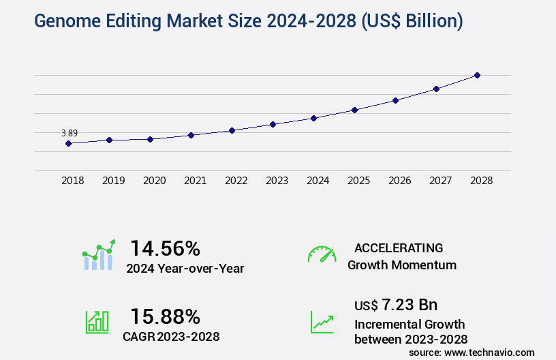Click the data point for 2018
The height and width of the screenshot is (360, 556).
pyautogui.click(x=68, y=143)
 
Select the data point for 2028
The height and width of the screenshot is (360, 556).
pyautogui.click(x=477, y=75)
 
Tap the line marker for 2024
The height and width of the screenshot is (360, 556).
pyautogui.click(x=313, y=118)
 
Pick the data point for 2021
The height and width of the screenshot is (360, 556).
pyautogui.click(x=191, y=135)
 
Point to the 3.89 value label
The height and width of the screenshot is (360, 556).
pyautogui.click(x=69, y=133)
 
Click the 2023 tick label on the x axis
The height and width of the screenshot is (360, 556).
pyautogui.click(x=277, y=181)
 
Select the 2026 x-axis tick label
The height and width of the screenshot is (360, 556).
pyautogui.click(x=399, y=181)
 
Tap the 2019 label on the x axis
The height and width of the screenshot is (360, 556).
pyautogui.click(x=113, y=181)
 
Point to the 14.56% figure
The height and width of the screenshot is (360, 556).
pyautogui.click(x=165, y=247)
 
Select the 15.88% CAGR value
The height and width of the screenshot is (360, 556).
pyautogui.click(x=165, y=316)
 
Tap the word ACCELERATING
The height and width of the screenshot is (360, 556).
pyautogui.click(x=399, y=247)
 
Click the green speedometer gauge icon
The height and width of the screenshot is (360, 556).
pyautogui.click(x=322, y=254)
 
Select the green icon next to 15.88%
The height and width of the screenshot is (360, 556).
pyautogui.click(x=97, y=322)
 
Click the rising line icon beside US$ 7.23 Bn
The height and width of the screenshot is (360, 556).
pyautogui.click(x=322, y=322)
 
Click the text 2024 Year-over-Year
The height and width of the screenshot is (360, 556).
pyautogui.click(x=185, y=268)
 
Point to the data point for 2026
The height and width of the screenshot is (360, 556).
pyautogui.click(x=395, y=100)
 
